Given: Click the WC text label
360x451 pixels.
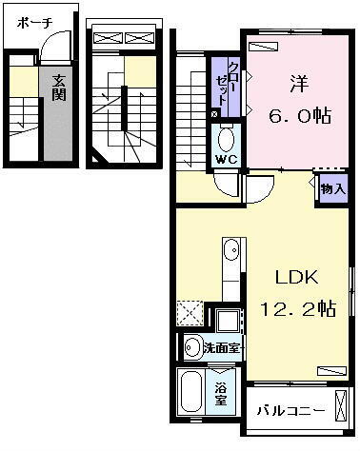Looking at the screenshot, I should pyautogui.click(x=225, y=159).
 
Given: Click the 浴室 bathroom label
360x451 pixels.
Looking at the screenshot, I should pyautogui.click(x=220, y=391).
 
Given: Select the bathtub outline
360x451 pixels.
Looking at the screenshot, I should pyautogui.click(x=190, y=394).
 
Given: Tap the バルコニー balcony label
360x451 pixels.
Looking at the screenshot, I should pyautogui.click(x=290, y=412).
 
